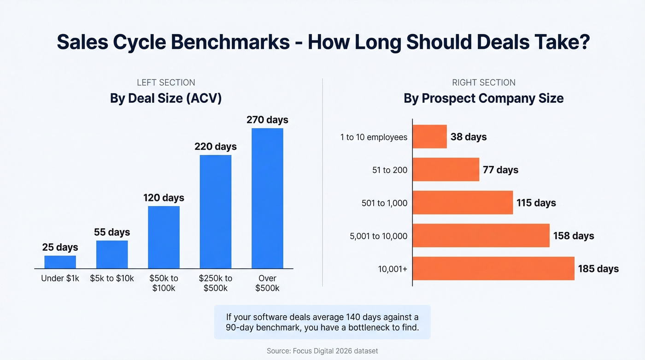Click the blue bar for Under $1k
tap(60, 262)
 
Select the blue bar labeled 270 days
tap(267, 198)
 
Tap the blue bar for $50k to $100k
tap(164, 237)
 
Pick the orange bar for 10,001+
tap(493, 268)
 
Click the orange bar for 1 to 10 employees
tap(429, 136)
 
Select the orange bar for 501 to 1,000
tap(463, 202)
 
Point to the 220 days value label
tap(215, 147)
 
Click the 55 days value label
tap(112, 232)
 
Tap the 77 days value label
tap(500, 170)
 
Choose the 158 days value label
tap(574, 236)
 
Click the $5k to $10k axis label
tap(112, 278)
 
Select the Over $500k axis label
tap(267, 283)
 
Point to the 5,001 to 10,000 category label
tap(379, 236)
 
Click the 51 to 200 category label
tap(390, 170)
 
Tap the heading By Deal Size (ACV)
tap(166, 99)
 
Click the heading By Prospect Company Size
tap(483, 99)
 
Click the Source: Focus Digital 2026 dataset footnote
tap(322, 351)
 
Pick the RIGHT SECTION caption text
tap(483, 83)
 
